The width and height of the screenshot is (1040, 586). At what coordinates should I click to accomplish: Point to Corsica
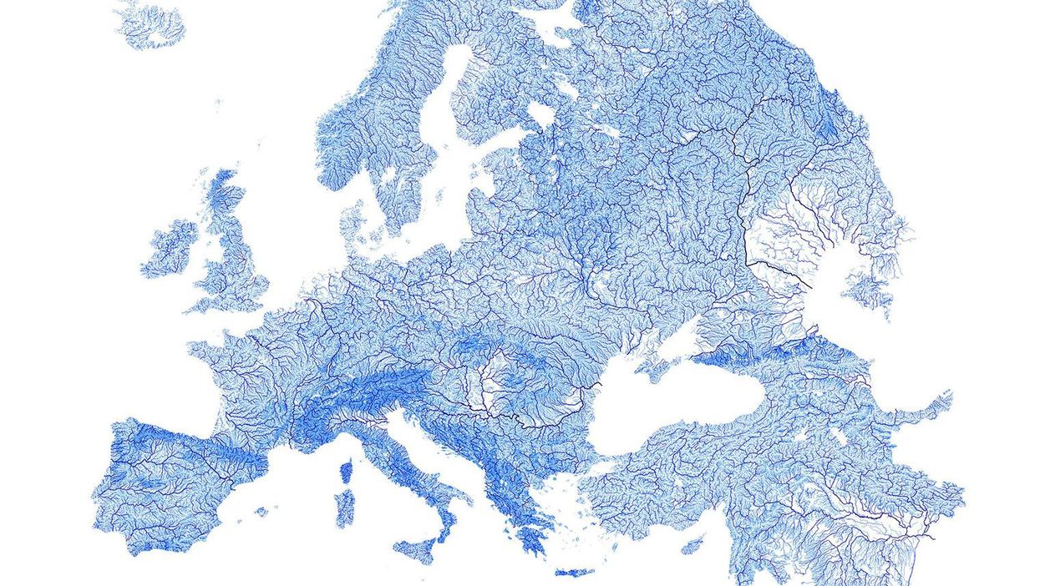click(347, 472)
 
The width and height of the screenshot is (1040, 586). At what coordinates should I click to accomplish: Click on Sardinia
click(344, 508)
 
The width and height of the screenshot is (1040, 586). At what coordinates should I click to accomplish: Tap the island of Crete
click(574, 573)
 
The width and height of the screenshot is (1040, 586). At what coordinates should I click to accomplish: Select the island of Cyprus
click(692, 546)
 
